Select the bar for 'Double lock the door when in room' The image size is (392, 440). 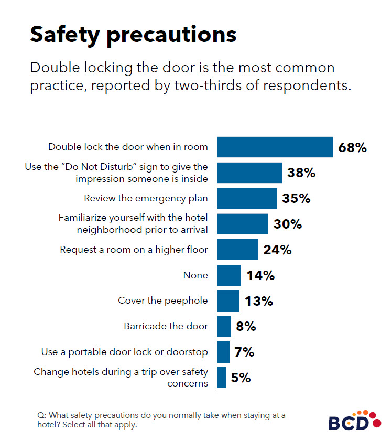(x=275, y=147)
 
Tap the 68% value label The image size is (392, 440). (x=352, y=147)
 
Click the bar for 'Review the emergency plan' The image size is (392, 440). (x=247, y=199)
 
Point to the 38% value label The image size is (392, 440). (x=301, y=173)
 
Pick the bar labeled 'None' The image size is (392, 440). (x=229, y=275)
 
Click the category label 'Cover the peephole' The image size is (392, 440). (x=163, y=301)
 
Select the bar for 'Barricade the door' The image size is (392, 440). (x=224, y=326)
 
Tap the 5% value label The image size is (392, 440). (x=241, y=378)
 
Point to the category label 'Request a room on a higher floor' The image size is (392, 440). (x=134, y=250)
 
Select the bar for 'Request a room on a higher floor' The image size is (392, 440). (x=237, y=250)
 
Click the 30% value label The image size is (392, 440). (x=287, y=224)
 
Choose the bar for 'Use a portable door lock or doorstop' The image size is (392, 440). (x=223, y=352)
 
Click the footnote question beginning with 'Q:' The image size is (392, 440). (x=161, y=420)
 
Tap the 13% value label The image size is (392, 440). (x=258, y=301)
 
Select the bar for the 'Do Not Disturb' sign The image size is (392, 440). (x=249, y=173)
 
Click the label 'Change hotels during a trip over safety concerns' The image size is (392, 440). (x=121, y=378)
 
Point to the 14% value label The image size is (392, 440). (x=260, y=275)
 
